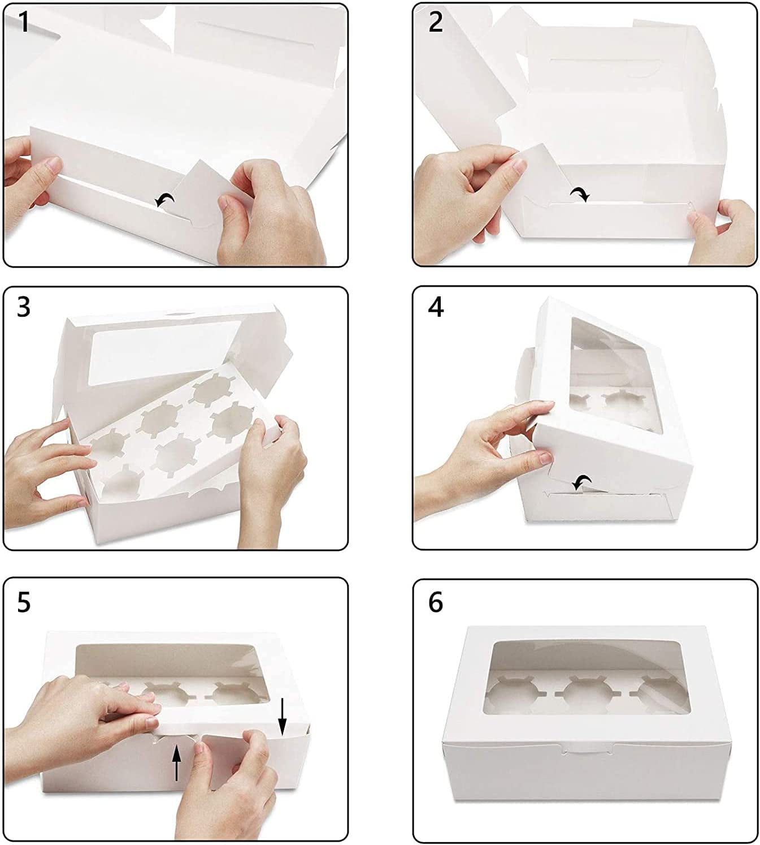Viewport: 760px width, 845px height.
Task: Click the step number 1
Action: [24, 23]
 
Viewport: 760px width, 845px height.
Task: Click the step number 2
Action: [436, 23]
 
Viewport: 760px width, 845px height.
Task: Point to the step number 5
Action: [24, 603]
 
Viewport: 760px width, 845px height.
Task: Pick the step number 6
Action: [436, 603]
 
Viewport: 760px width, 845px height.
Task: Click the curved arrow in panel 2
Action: [580, 194]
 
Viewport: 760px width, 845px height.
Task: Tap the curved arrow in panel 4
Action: [582, 482]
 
